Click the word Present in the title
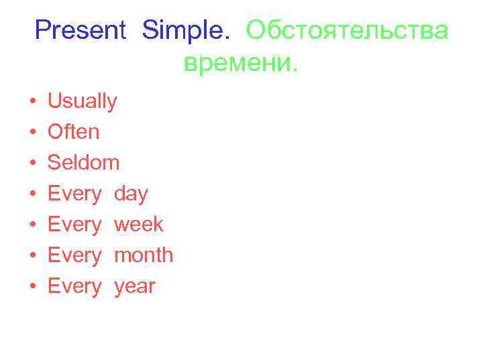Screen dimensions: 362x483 (80, 30)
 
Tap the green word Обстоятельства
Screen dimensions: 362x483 (347, 30)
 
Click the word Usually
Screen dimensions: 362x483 (83, 102)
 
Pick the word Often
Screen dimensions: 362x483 (73, 132)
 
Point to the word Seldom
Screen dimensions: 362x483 (84, 163)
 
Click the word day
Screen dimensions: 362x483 (131, 194)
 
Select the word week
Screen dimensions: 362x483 (139, 225)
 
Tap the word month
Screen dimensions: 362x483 (144, 255)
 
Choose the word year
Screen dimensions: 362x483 (135, 287)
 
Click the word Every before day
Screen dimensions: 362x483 (74, 194)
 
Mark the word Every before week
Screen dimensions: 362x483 (74, 225)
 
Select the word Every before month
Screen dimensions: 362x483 (74, 255)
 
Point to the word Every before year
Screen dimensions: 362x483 (74, 287)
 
